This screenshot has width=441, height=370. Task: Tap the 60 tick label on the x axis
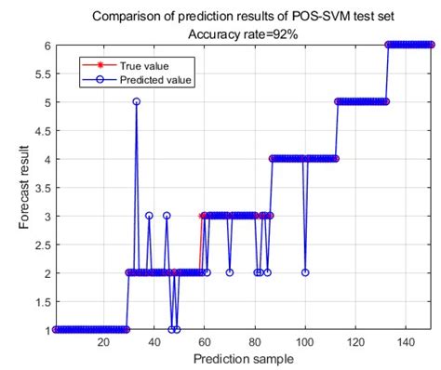203,343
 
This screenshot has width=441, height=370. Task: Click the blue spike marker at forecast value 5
136,101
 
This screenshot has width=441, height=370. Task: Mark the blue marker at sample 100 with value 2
305,272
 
